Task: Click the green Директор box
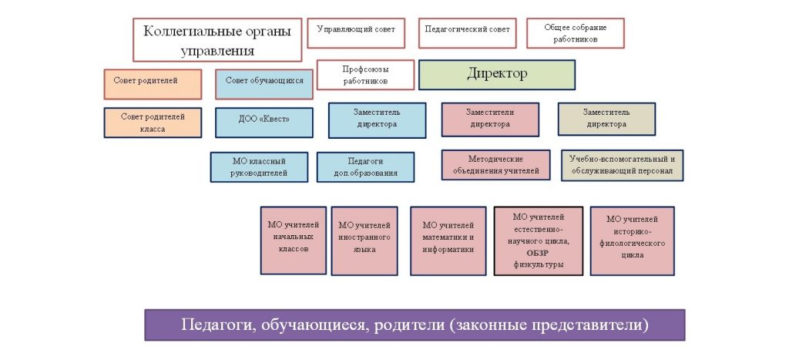click(x=497, y=75)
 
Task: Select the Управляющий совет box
click(x=356, y=30)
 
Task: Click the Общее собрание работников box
click(x=575, y=33)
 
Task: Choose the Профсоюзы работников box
click(x=365, y=75)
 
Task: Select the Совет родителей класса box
click(x=153, y=123)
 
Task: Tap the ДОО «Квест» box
click(x=264, y=123)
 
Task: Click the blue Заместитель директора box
click(x=377, y=119)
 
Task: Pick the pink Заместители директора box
click(x=489, y=119)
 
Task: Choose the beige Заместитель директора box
click(x=606, y=119)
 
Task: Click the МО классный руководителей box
click(x=259, y=167)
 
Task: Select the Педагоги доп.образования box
click(x=365, y=167)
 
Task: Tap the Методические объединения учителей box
click(x=495, y=165)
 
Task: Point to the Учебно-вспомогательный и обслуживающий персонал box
click(x=622, y=165)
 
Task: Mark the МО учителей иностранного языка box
click(x=364, y=240)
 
